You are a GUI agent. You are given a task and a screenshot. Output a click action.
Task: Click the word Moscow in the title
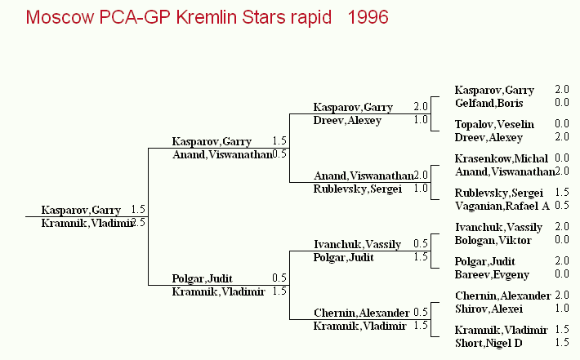coord(60,17)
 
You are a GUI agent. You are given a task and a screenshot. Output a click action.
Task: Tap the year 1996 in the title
coord(368,17)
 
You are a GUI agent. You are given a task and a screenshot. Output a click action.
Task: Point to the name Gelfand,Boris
coord(489,103)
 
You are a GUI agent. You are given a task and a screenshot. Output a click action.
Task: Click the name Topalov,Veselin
coord(494,124)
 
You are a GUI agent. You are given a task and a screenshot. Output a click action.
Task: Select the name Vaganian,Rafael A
coord(502,206)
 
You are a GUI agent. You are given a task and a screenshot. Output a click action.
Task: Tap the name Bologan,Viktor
coord(493,240)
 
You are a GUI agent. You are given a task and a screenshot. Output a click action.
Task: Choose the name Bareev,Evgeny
coord(492,274)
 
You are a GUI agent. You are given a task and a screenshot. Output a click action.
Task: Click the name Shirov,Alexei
coord(489,309)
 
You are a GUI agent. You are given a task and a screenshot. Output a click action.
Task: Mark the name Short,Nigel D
coord(489,343)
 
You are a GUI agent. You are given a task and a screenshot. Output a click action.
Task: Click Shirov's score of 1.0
coord(562,309)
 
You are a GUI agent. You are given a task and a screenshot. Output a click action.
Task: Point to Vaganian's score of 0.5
coord(562,205)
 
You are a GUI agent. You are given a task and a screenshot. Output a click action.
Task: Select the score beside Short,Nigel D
coord(562,342)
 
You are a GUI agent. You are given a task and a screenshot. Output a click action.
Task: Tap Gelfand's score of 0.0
coord(562,102)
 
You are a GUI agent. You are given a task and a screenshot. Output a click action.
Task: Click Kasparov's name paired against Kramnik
coord(81,210)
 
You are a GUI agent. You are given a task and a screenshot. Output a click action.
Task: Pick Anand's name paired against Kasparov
coord(222,154)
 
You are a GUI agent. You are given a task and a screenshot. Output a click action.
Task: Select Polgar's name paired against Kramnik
coord(202,278)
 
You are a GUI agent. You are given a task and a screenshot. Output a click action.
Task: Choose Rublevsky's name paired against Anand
coord(357,189)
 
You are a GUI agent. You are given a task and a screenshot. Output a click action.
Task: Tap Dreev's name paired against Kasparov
coord(347,121)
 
